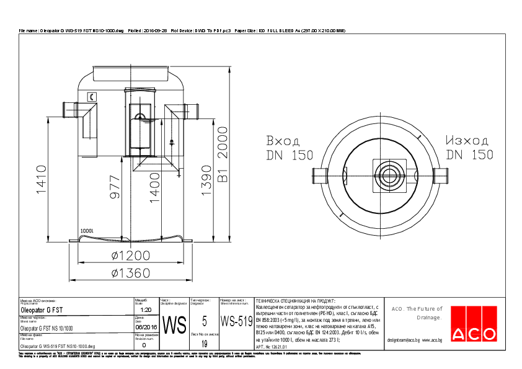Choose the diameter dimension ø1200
131,256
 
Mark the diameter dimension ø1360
131,272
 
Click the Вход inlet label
283,140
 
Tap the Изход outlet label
467,140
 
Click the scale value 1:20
146,309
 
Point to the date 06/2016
146,327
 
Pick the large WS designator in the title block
174,325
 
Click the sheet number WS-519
236,321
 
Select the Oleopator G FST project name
42,309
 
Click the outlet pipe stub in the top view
440,176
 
